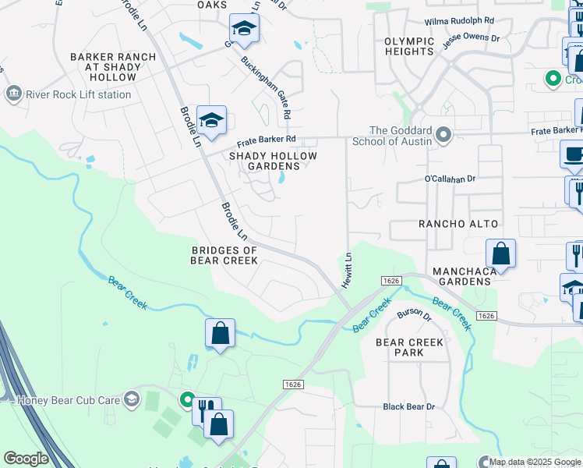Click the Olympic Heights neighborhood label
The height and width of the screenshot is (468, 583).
pyautogui.click(x=409, y=46)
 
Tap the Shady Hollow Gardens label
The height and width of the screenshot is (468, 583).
pyautogui.click(x=273, y=161)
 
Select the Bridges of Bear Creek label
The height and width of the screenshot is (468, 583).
pyautogui.click(x=224, y=255)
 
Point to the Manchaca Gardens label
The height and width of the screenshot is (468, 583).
pyautogui.click(x=464, y=276)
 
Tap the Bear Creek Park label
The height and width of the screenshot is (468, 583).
pyautogui.click(x=409, y=347)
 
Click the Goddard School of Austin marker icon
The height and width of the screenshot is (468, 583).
pyautogui.click(x=443, y=136)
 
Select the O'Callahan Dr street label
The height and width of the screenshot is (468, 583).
pyautogui.click(x=450, y=179)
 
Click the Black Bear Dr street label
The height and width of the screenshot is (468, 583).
pyautogui.click(x=408, y=406)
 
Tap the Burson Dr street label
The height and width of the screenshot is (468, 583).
pyautogui.click(x=414, y=315)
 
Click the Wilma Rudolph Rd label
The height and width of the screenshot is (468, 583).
pyautogui.click(x=459, y=21)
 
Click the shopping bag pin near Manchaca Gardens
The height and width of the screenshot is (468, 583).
pyautogui.click(x=500, y=254)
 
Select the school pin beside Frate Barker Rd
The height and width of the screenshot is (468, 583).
pyautogui.click(x=211, y=121)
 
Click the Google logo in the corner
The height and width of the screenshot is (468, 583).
pyautogui.click(x=26, y=459)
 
